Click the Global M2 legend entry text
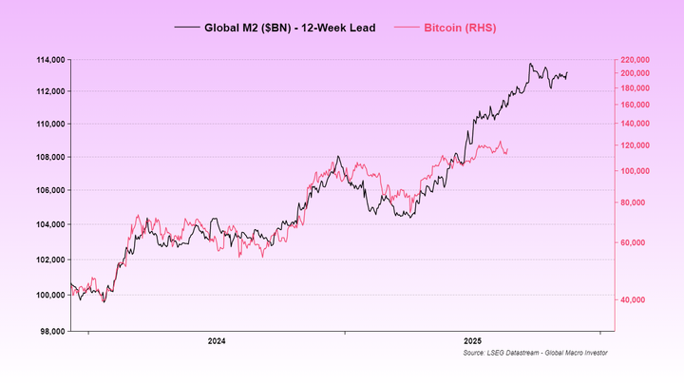point(290,28)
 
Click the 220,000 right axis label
point(636,60)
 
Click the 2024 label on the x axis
point(217,340)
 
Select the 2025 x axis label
point(472,340)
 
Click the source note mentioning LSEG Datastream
point(535,353)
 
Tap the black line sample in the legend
point(186,28)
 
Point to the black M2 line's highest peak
point(530,64)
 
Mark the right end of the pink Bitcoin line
point(508,148)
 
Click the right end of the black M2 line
point(568,73)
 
